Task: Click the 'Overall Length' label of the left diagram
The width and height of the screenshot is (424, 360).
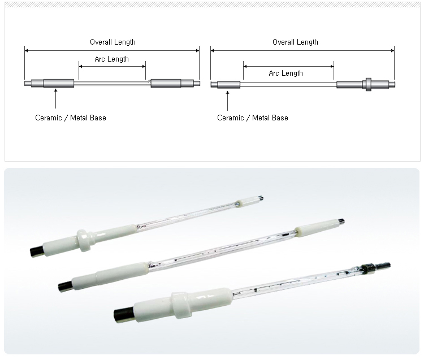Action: [113, 42]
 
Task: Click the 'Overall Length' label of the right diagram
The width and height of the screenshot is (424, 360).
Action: [295, 42]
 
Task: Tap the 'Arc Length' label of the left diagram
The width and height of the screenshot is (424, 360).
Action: [111, 59]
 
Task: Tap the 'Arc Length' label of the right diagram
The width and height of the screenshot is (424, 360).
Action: [285, 73]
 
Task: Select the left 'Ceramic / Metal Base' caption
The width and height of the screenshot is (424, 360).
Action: [71, 118]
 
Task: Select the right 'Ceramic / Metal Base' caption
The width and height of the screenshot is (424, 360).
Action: [253, 118]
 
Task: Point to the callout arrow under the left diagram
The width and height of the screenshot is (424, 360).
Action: [56, 99]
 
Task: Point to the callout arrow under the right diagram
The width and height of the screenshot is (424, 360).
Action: [227, 101]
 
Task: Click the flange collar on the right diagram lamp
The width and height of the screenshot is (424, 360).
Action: [368, 84]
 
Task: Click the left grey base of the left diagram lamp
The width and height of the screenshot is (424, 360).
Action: [59, 83]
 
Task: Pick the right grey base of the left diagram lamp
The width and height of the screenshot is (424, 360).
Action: [166, 83]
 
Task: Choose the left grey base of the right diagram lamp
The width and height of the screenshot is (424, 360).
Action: [228, 85]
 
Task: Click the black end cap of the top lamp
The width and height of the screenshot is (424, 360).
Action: [36, 251]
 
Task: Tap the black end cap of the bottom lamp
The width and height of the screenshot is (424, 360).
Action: [124, 315]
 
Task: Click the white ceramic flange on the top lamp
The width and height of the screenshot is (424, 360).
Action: [84, 240]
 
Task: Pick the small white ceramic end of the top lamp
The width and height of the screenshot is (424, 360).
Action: [249, 201]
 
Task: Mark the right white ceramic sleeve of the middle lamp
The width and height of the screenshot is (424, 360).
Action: [317, 228]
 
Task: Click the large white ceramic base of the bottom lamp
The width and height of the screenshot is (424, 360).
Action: [183, 305]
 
